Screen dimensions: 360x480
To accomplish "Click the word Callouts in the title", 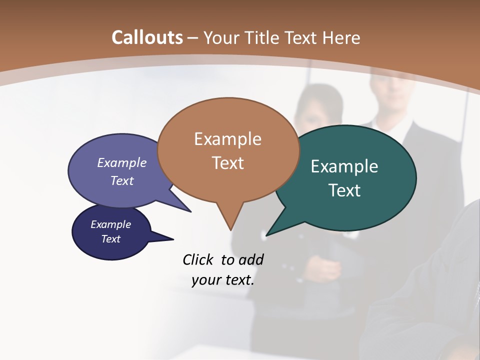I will (147, 37).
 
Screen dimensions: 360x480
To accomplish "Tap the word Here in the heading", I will (341, 37).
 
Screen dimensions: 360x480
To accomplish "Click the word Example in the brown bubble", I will (227, 138).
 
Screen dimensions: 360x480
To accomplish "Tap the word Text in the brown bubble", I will (227, 163).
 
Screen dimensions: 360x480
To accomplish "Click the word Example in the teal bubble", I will (344, 166).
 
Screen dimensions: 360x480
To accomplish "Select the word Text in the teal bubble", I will (344, 190).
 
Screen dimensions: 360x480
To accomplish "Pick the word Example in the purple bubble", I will (122, 162).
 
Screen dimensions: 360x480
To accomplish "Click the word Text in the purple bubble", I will (122, 180).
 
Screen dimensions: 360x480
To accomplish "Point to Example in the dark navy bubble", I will (110, 224).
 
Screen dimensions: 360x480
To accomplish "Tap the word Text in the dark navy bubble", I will (110, 239).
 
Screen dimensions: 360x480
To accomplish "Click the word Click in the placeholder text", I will (198, 259).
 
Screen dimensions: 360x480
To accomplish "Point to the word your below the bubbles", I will (206, 280).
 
